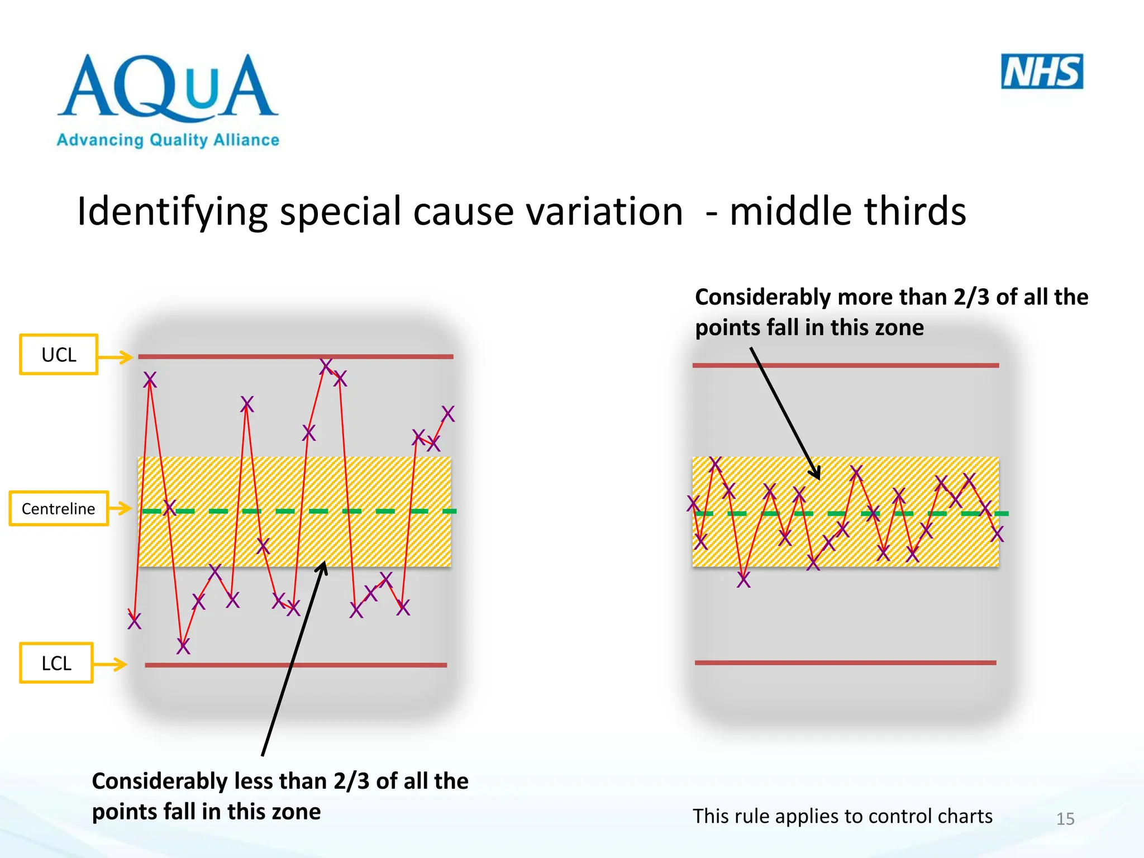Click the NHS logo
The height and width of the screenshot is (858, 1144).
click(x=1042, y=71)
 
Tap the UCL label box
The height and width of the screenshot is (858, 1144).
click(x=59, y=355)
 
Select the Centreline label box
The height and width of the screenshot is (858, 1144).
click(x=58, y=508)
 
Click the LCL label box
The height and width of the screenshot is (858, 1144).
click(x=56, y=663)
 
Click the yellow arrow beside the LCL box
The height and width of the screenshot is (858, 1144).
click(x=110, y=664)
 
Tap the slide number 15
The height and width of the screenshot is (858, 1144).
click(x=1065, y=819)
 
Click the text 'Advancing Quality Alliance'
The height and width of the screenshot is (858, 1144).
click(x=168, y=140)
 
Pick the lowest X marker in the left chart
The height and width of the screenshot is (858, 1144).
click(x=183, y=646)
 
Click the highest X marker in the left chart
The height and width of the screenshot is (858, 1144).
click(x=326, y=366)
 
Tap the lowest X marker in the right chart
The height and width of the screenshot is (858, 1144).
click(x=743, y=580)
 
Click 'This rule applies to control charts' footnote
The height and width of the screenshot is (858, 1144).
click(x=842, y=816)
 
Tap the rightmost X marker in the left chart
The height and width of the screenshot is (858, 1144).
click(x=448, y=414)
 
